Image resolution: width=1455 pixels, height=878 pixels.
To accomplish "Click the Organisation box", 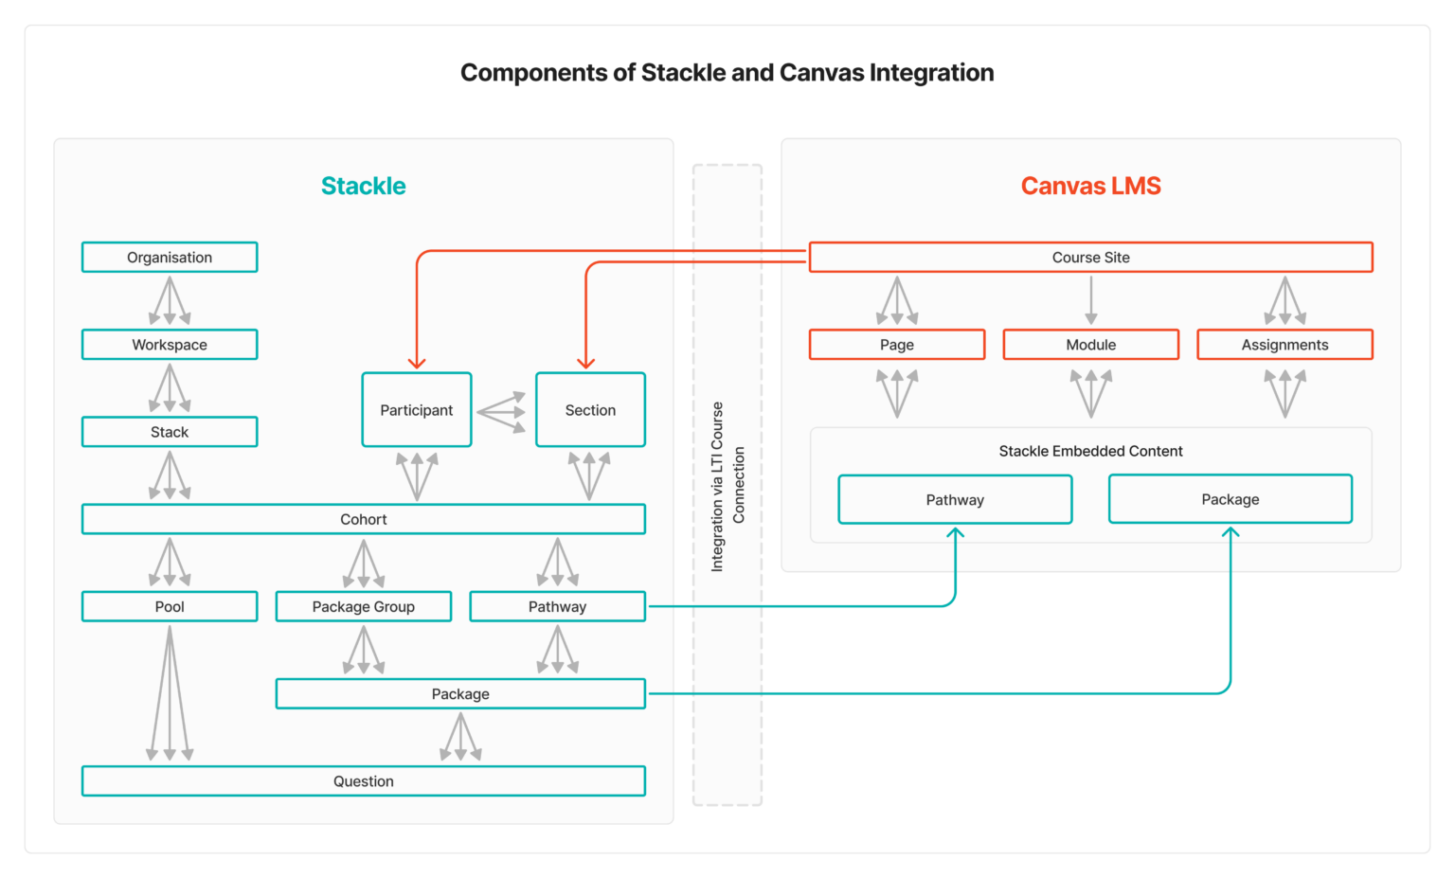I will point(170,258).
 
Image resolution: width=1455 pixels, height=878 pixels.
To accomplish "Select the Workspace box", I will point(170,345).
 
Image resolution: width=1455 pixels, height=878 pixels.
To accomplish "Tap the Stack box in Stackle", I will point(170,432).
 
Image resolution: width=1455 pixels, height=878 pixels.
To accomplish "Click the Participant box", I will point(417,410).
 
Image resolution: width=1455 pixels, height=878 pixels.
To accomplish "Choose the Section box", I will point(590,410).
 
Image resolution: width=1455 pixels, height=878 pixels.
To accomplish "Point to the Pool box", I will point(170,606).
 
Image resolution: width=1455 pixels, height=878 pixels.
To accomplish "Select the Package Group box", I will point(364,606).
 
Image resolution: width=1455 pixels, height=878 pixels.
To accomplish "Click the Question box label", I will point(364,781).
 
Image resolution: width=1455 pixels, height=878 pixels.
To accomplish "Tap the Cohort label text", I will point(364,519).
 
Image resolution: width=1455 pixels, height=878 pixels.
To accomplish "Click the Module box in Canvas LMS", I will point(1091,345).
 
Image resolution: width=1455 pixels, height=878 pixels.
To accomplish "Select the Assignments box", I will point(1284,345).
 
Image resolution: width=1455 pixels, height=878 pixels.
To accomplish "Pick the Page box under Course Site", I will point(897,345).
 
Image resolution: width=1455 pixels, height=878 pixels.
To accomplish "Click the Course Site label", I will point(1091,258).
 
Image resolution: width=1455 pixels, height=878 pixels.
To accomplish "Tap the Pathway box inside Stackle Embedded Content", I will point(955,499).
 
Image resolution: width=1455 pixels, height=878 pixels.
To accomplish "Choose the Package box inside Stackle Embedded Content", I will point(1230,499).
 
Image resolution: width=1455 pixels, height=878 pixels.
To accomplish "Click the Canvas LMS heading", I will point(1091,186).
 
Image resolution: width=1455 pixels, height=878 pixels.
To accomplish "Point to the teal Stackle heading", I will point(364,186).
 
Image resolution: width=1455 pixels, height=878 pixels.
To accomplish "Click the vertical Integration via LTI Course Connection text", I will point(727,486).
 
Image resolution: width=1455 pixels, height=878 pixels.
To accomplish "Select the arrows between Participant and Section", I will point(503,412).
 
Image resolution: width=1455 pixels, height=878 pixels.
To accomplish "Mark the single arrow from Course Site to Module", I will point(1091,301).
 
